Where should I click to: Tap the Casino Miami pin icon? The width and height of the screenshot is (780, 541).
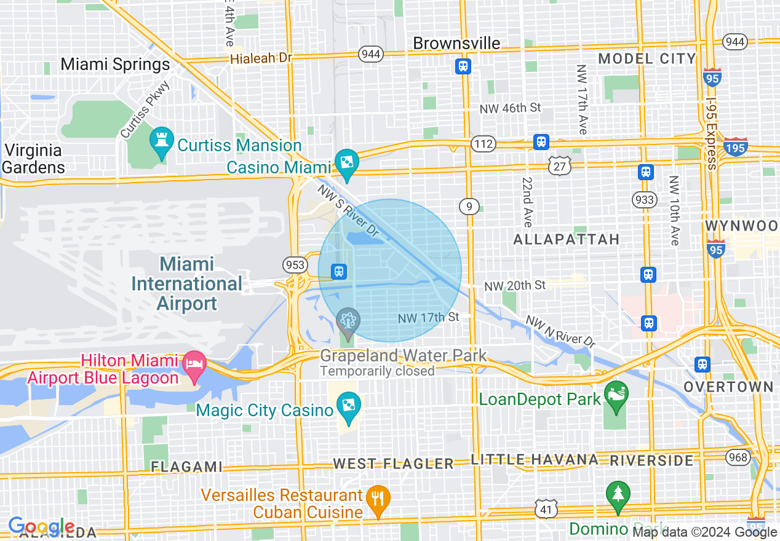point(346,163)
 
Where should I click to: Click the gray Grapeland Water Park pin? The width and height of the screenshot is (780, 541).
point(348,320)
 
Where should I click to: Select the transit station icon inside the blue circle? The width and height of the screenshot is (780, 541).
point(338,271)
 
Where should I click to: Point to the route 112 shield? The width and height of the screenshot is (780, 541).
point(483,144)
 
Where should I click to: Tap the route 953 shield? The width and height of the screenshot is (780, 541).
point(295,265)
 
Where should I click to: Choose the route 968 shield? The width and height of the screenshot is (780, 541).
point(737,457)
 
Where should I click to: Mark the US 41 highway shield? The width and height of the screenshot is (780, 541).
point(547,508)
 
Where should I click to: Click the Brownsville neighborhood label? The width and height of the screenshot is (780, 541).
point(456,43)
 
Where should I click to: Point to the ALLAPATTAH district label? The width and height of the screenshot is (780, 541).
point(567,239)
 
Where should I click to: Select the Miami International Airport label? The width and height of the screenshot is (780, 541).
point(187,283)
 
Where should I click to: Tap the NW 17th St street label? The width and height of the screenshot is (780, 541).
point(429,318)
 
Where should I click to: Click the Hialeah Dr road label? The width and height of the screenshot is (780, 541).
point(261,58)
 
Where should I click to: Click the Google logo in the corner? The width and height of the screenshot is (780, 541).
point(41,526)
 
